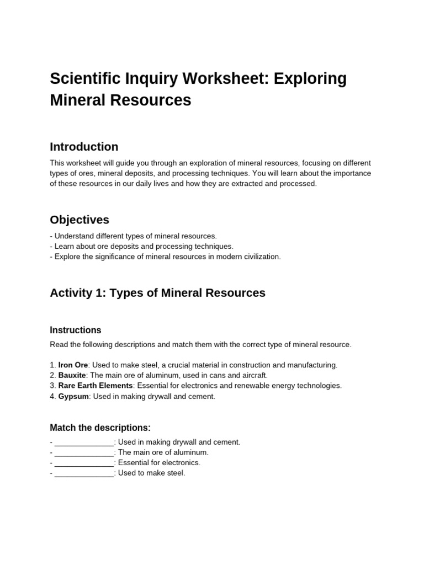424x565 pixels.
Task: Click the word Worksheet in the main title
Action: pyautogui.click(x=221, y=79)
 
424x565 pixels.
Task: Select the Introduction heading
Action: pyautogui.click(x=84, y=147)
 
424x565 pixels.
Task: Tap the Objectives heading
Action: pyautogui.click(x=79, y=220)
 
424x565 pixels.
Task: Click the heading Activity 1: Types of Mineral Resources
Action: pyautogui.click(x=157, y=292)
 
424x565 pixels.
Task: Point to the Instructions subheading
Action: pyautogui.click(x=76, y=330)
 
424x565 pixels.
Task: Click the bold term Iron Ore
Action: pyautogui.click(x=73, y=365)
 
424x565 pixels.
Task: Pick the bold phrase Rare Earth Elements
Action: pyautogui.click(x=96, y=386)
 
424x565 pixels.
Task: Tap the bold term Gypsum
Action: pyautogui.click(x=73, y=396)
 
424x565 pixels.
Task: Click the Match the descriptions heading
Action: pyautogui.click(x=100, y=428)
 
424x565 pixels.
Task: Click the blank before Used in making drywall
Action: pyautogui.click(x=84, y=443)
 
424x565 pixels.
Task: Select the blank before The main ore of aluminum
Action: pyautogui.click(x=84, y=452)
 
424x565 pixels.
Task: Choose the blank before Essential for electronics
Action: pyautogui.click(x=84, y=463)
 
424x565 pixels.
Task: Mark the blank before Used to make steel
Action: pyautogui.click(x=84, y=473)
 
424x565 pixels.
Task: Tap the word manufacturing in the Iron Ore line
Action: pyautogui.click(x=310, y=365)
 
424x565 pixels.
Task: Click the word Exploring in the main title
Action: pyautogui.click(x=310, y=79)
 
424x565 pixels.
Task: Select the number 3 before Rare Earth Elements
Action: pyautogui.click(x=52, y=386)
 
